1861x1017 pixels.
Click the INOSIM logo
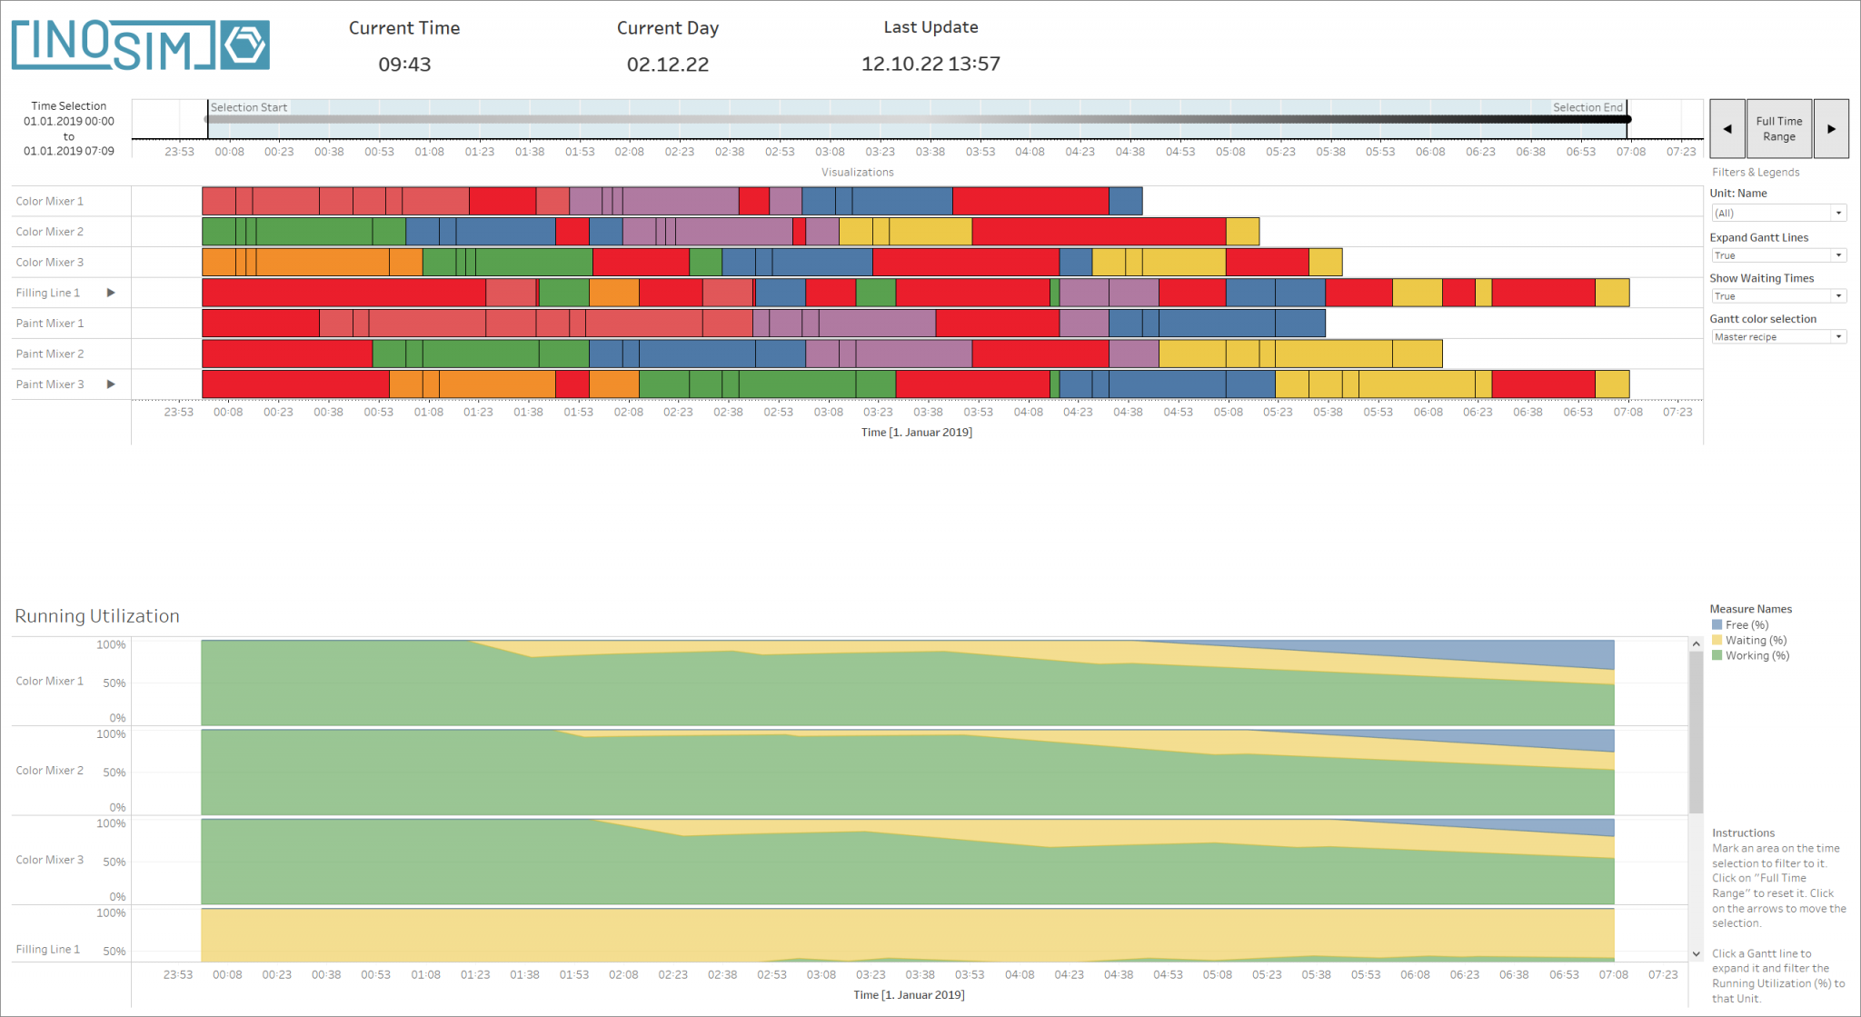[141, 45]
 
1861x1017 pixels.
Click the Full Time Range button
[1778, 129]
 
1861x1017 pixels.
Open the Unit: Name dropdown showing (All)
[1778, 213]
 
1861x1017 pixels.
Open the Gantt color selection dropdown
[1778, 337]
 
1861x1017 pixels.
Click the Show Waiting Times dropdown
[1778, 296]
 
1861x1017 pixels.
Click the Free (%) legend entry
[1746, 625]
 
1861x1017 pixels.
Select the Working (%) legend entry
[1757, 656]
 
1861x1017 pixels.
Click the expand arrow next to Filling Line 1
[111, 293]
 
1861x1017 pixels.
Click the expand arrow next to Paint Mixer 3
[111, 384]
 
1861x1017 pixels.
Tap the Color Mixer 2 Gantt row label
[50, 232]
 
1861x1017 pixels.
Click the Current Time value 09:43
[404, 65]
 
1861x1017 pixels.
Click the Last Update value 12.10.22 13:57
[930, 65]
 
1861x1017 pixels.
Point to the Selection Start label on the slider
[249, 107]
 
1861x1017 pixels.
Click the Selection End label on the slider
[1587, 107]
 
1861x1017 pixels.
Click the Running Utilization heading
[97, 616]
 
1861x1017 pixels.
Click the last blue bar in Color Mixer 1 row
[1125, 201]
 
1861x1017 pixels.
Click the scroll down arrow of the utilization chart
[1696, 954]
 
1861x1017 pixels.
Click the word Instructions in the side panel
[1743, 833]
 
